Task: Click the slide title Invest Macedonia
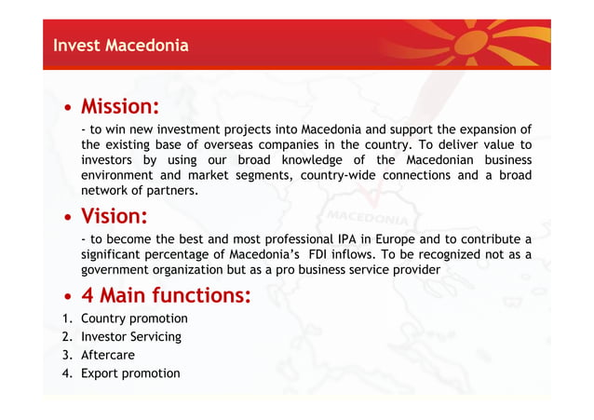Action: coord(120,45)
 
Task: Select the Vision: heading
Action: coord(115,217)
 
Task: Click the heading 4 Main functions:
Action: coord(166,295)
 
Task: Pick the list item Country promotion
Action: coord(134,318)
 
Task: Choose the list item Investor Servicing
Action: coord(130,337)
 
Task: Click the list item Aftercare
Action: coord(107,355)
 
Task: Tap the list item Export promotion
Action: coord(130,373)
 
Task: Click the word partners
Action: coord(173,190)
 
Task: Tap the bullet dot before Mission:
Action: coord(69,107)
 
